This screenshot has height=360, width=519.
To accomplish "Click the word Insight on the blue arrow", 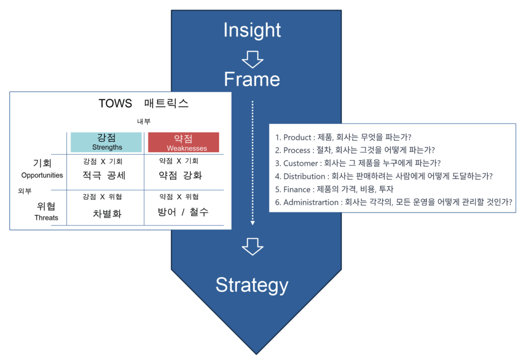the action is (x=252, y=30).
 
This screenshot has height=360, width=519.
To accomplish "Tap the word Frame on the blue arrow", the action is (x=252, y=80).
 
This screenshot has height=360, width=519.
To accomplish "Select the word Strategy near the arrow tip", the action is (x=252, y=285).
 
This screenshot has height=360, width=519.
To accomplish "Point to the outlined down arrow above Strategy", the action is (x=252, y=247).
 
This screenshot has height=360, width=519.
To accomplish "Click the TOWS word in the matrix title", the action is (x=115, y=103).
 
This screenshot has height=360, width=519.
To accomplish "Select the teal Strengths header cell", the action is (x=106, y=142).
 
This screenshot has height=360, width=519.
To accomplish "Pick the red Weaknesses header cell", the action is (x=183, y=142).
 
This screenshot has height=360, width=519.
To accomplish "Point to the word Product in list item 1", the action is (x=297, y=137).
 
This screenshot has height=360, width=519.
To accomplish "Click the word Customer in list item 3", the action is (x=301, y=163).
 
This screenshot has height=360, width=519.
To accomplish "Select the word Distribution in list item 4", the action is (x=304, y=176).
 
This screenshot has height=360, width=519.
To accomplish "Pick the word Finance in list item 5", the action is (x=296, y=190).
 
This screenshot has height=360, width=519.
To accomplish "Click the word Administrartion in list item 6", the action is (x=311, y=202).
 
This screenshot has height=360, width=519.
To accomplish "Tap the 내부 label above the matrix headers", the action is (x=143, y=122).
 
